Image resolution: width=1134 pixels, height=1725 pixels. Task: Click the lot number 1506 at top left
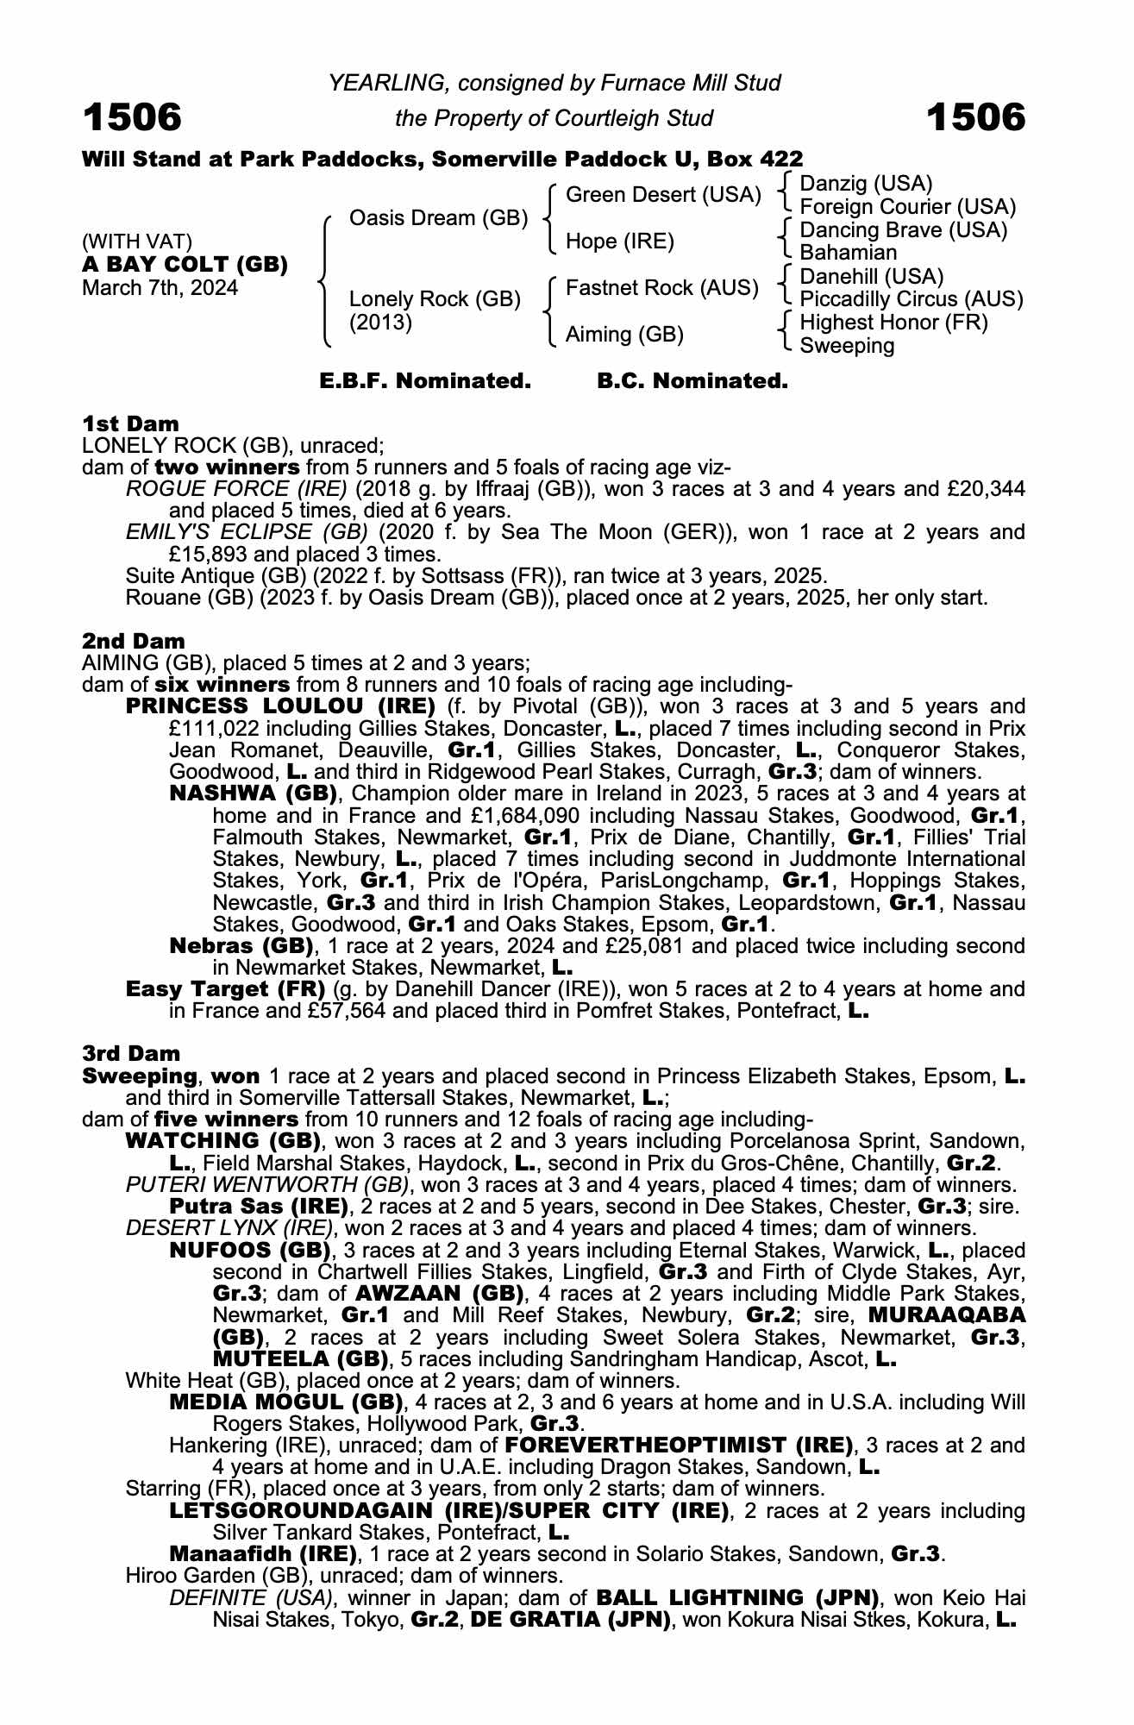coord(132,117)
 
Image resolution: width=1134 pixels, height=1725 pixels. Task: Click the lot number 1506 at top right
coord(975,117)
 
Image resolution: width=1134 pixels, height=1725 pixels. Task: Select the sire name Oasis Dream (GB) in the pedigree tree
coord(438,218)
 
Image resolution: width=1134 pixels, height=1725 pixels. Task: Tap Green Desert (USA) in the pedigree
coord(663,196)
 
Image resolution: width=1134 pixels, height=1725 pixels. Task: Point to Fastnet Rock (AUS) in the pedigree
coord(661,288)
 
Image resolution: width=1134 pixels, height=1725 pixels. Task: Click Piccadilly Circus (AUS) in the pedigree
coord(912,299)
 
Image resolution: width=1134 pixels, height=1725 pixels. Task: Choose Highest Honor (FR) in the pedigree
coord(894,323)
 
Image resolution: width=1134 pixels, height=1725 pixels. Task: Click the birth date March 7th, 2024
coord(160,288)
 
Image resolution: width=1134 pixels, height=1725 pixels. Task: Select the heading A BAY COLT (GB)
coord(185,265)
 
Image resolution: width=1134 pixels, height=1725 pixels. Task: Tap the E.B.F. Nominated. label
coord(425,381)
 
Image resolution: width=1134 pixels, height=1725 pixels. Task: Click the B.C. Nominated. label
coord(692,381)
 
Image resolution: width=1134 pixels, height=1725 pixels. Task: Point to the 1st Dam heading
coord(130,423)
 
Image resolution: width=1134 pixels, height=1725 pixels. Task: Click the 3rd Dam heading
coord(131,1053)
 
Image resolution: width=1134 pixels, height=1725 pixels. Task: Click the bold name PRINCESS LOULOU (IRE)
coord(280,707)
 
